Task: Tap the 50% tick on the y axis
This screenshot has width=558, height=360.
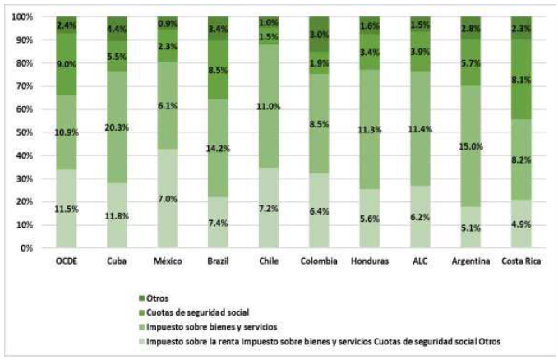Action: tap(26, 132)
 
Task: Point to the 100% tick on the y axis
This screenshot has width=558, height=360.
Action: tap(24, 17)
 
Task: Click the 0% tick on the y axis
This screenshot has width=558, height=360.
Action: tap(29, 247)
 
